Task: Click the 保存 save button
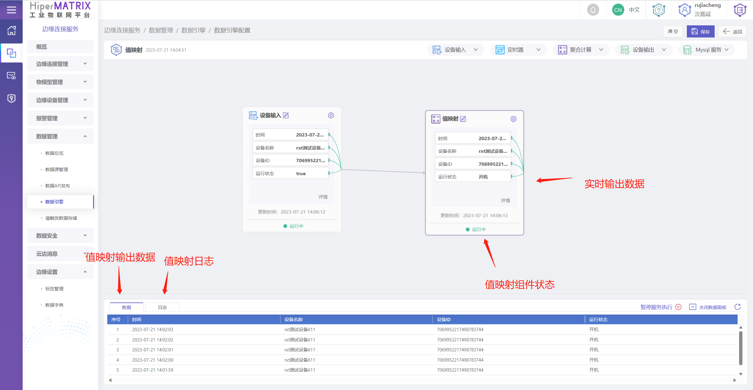(700, 31)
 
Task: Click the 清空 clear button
(673, 31)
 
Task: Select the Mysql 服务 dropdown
(706, 50)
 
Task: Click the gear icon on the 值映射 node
(513, 119)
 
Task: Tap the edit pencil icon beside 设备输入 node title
(286, 115)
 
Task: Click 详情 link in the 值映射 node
(505, 200)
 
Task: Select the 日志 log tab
(162, 307)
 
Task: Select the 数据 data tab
(126, 307)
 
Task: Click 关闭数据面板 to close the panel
(708, 307)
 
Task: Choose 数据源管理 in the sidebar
(57, 169)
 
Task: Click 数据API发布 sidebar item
(57, 186)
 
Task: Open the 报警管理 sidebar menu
(60, 118)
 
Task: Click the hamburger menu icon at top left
(11, 10)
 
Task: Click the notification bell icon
(593, 10)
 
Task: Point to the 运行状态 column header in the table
(598, 319)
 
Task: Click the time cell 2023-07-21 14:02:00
(153, 360)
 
